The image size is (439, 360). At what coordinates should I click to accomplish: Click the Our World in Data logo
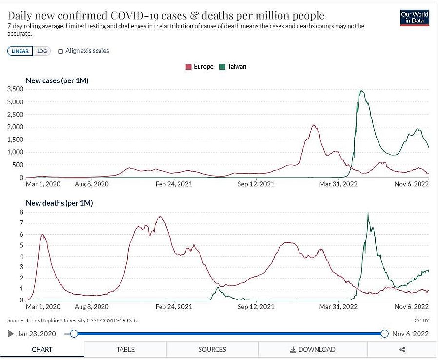[x=414, y=18]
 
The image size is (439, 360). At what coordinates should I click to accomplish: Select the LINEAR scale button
[x=20, y=51]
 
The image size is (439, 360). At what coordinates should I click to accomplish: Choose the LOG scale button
[x=42, y=51]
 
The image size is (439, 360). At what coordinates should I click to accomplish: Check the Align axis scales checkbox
[x=61, y=51]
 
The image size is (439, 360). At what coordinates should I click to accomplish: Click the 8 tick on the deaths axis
[x=21, y=212]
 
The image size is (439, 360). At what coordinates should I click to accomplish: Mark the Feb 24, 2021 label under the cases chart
[x=174, y=184]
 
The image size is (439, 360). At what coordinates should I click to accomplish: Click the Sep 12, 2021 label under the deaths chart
[x=256, y=307]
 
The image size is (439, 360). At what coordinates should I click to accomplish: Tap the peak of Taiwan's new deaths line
[x=368, y=212]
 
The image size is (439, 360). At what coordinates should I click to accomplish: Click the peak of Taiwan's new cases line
[x=359, y=90]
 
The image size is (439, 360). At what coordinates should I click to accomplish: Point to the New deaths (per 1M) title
[x=59, y=203]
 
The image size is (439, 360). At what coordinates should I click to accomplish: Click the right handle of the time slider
[x=384, y=334]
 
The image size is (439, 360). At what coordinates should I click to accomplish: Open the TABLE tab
[x=125, y=349]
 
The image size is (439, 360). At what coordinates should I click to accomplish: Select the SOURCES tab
[x=212, y=349]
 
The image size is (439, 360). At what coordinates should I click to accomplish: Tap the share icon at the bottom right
[x=402, y=349]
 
